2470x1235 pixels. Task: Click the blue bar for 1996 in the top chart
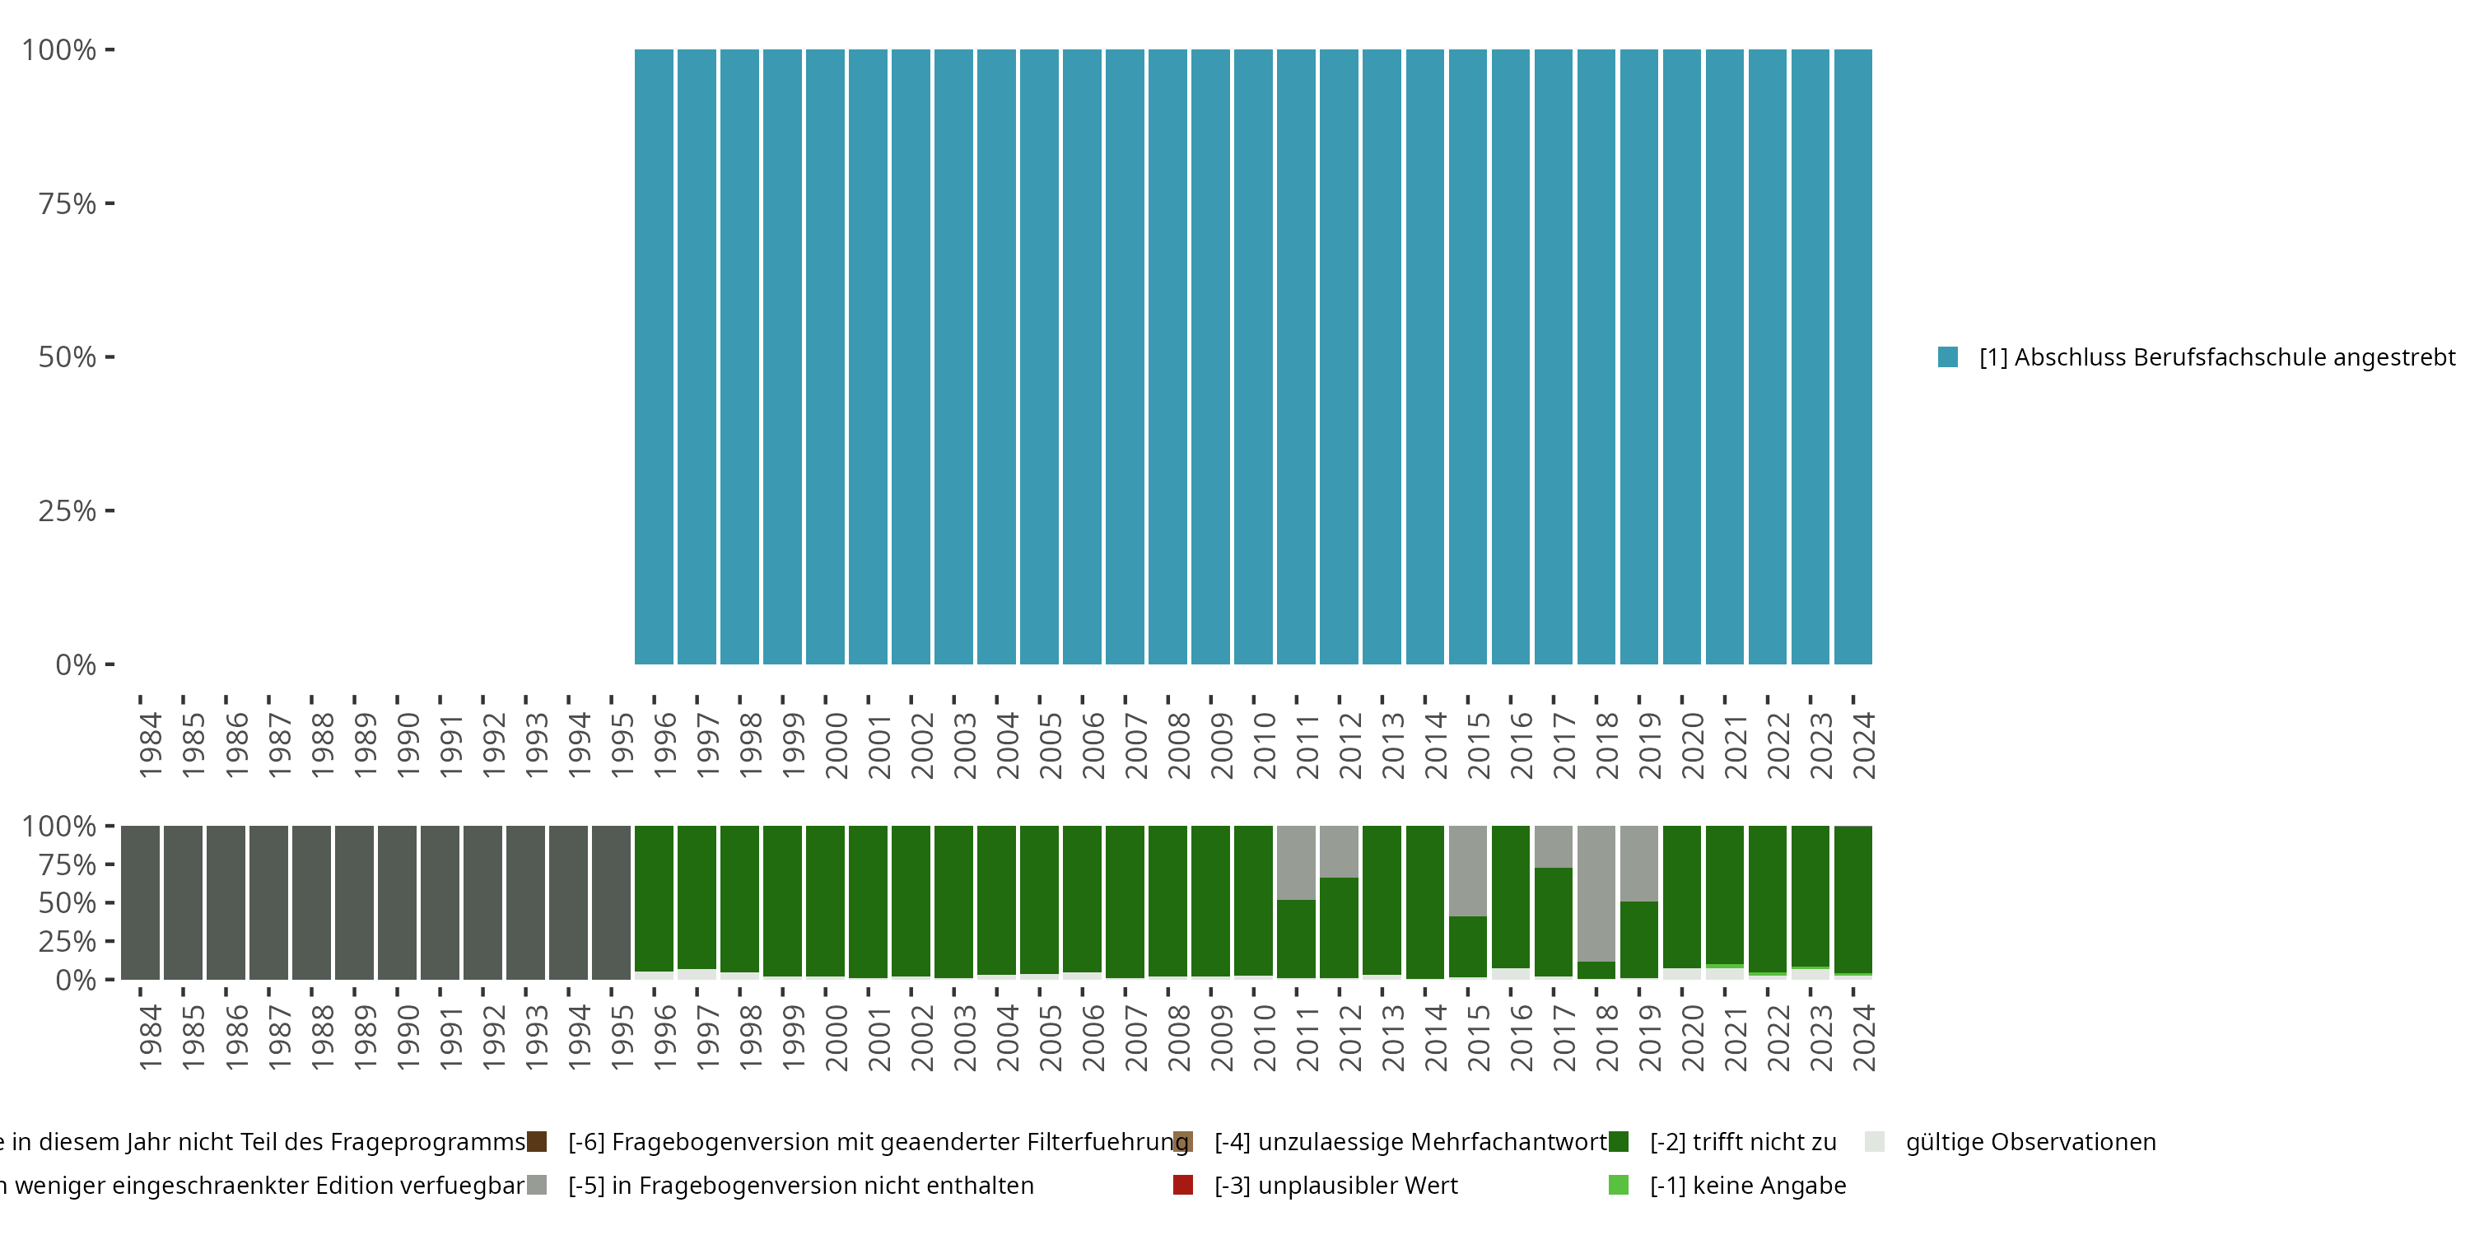[654, 357]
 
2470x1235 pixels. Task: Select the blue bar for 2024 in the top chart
[1852, 357]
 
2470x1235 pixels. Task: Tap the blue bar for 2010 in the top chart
[1253, 357]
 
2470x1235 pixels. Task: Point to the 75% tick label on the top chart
[68, 203]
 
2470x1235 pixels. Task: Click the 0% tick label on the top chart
[76, 664]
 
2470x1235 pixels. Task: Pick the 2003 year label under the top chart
[962, 746]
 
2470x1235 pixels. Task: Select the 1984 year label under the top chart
[150, 746]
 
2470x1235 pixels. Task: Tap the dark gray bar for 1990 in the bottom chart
[397, 902]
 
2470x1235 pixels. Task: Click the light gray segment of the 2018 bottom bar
[1596, 892]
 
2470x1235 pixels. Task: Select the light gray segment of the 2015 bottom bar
[1468, 870]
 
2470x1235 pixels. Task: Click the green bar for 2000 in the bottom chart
[825, 902]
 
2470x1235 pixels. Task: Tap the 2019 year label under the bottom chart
[1648, 1038]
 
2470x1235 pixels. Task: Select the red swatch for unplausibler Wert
[1183, 1185]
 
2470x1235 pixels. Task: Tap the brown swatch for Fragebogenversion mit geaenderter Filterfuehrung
[537, 1142]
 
